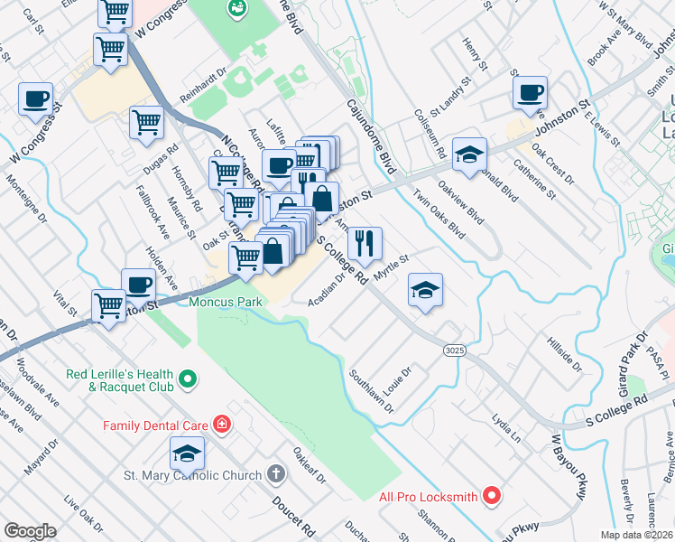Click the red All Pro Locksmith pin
click(491, 495)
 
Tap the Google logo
click(30, 531)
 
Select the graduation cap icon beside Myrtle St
click(426, 290)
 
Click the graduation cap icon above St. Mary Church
click(187, 453)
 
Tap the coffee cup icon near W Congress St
click(35, 98)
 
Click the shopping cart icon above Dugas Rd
click(146, 121)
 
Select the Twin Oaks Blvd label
click(439, 213)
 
